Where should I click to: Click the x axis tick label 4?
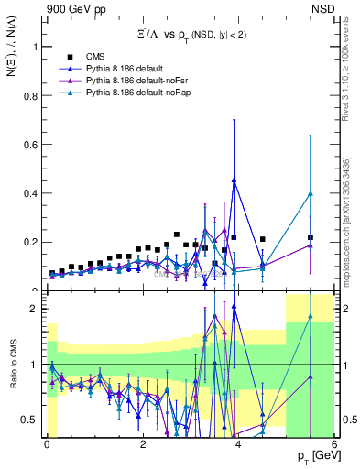pyautogui.click(x=238, y=444)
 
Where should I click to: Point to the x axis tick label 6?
pyautogui.click(x=333, y=444)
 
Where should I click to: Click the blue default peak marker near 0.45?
pyautogui.click(x=235, y=180)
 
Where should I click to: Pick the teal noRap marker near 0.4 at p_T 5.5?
pyautogui.click(x=311, y=193)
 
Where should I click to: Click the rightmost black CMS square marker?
pyautogui.click(x=311, y=237)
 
